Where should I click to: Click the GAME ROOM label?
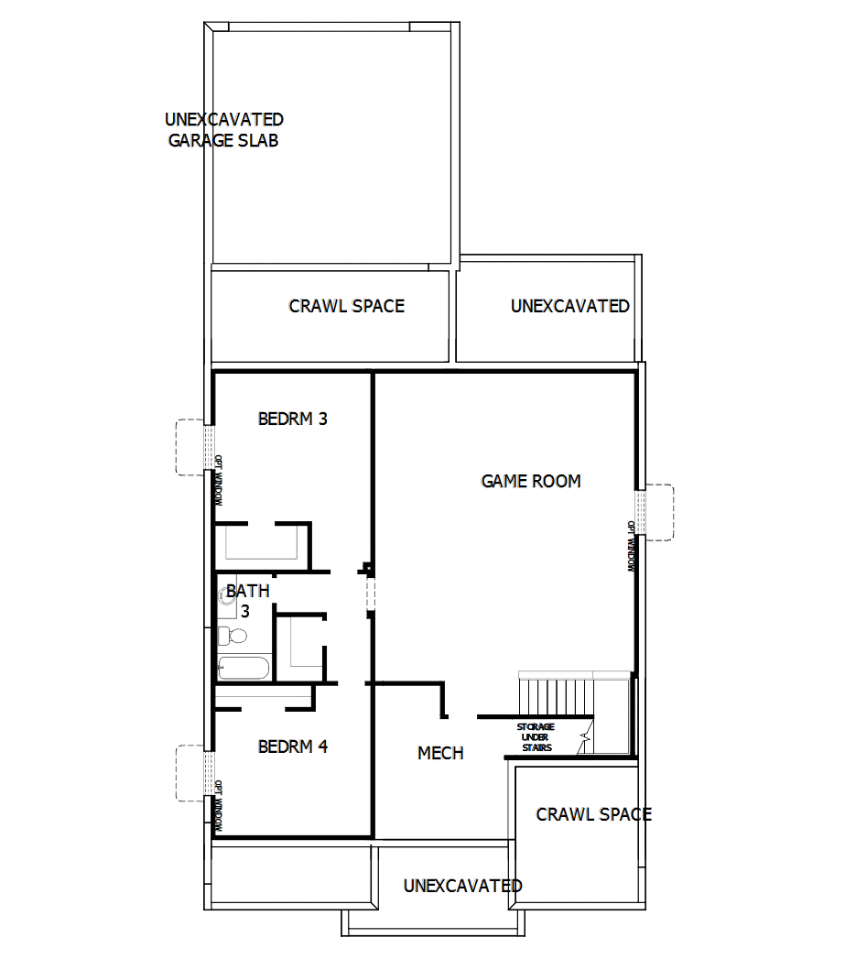(531, 481)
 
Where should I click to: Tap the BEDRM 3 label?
(293, 420)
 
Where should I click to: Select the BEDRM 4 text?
(293, 746)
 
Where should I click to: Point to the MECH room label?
(440, 753)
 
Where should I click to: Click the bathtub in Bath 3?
(244, 667)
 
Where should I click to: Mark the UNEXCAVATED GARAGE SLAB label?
(223, 130)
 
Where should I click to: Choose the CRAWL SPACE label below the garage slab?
(346, 306)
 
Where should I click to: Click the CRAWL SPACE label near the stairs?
(593, 814)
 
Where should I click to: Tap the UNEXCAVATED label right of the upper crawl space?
(569, 306)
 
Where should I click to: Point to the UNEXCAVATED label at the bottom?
(462, 886)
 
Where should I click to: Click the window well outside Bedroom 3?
(190, 446)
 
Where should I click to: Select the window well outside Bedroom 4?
(190, 773)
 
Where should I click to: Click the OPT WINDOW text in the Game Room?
(631, 547)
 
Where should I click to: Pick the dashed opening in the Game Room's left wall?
(370, 592)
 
